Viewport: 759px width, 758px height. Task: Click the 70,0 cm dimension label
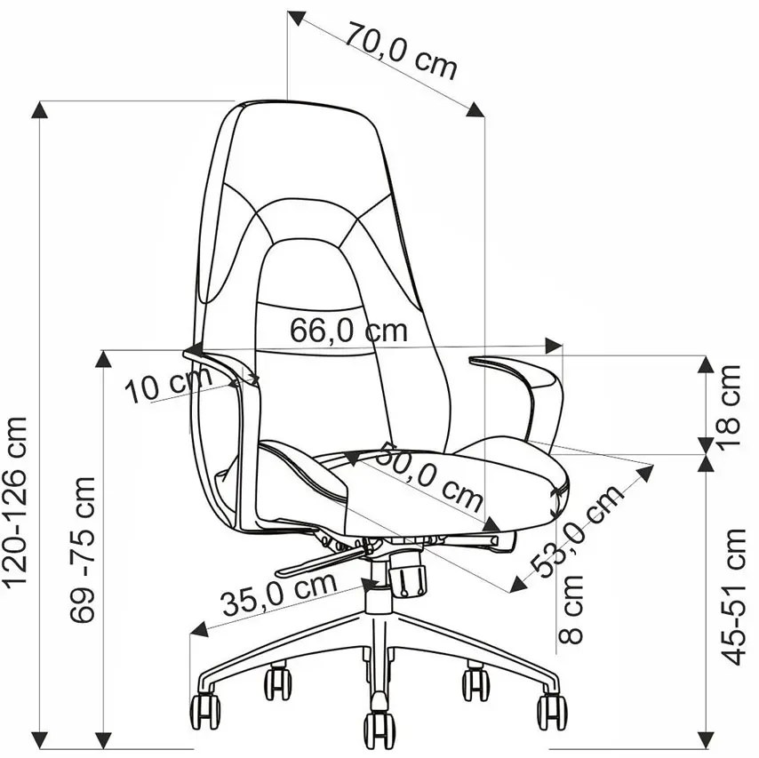[x=401, y=50]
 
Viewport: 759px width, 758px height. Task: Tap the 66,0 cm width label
[x=348, y=330]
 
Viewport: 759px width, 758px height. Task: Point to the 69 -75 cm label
[x=83, y=549]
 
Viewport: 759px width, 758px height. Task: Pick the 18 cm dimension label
[x=729, y=408]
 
